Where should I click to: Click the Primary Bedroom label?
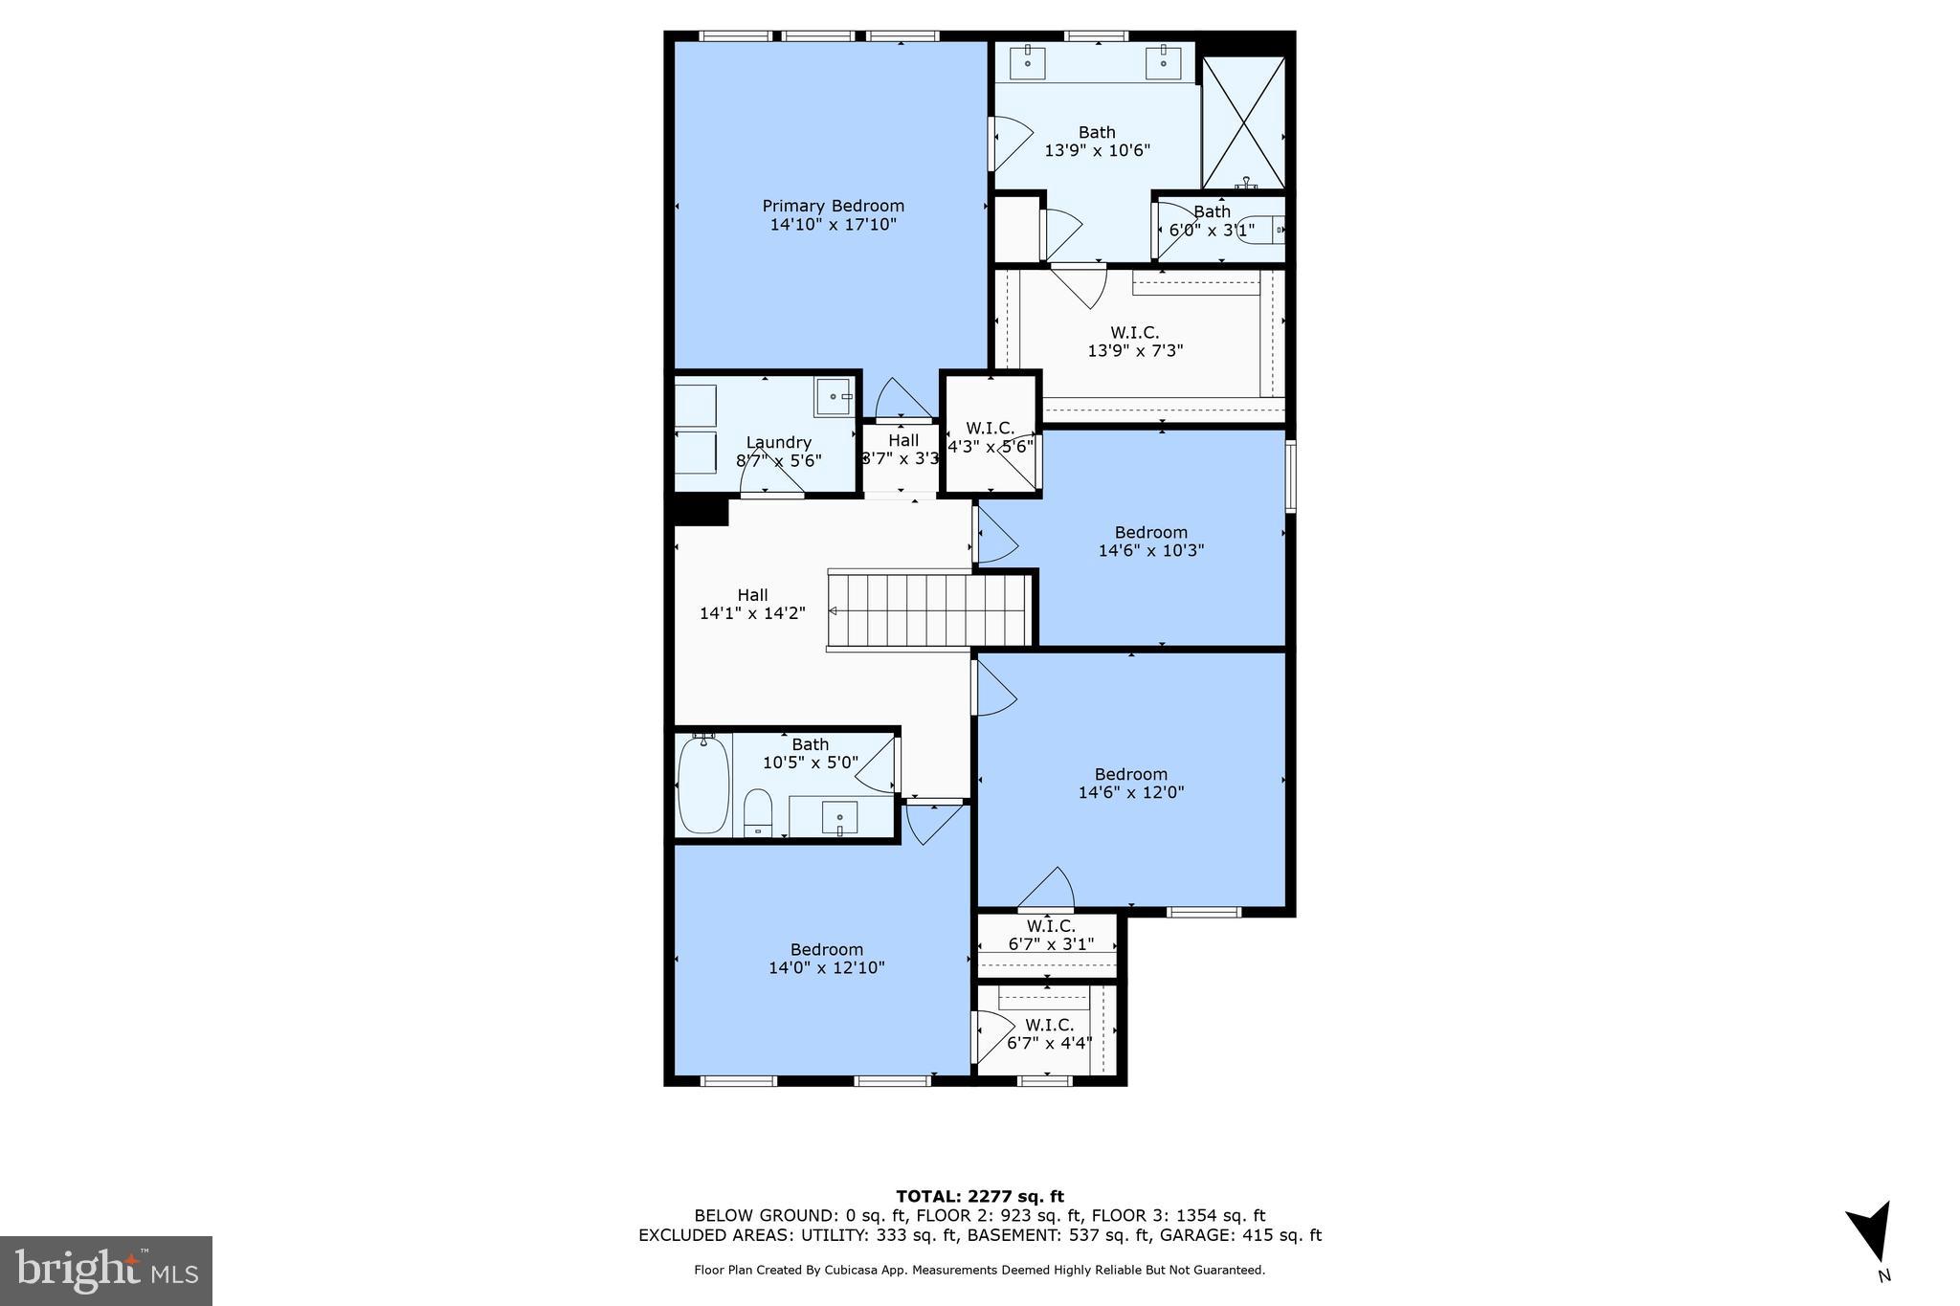[833, 215]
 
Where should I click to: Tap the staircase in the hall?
[928, 611]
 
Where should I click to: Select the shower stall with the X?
[1243, 122]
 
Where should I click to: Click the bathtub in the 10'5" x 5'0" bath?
[703, 785]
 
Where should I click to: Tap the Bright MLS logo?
[106, 1271]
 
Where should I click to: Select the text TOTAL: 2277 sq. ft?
[979, 1196]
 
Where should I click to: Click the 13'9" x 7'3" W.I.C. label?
[1135, 342]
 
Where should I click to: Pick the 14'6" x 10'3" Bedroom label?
[1150, 542]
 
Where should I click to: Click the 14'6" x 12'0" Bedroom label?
[1131, 784]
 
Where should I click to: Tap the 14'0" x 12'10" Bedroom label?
[826, 959]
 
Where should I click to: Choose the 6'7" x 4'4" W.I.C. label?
[1049, 1034]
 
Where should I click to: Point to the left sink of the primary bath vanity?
[1028, 63]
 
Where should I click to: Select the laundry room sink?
[835, 396]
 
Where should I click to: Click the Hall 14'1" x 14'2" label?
[752, 604]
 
